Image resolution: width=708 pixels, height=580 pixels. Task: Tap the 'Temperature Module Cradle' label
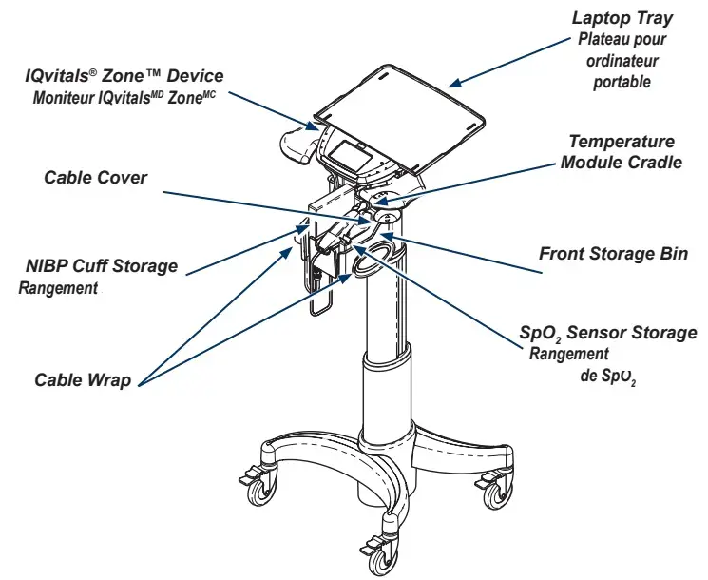tap(621, 151)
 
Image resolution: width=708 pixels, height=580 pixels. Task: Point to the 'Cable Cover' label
tap(95, 178)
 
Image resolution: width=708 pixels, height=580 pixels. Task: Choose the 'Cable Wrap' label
tap(83, 380)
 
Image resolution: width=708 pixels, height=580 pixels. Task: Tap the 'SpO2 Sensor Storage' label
tap(607, 333)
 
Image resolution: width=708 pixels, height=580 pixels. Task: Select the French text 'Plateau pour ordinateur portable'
tap(622, 61)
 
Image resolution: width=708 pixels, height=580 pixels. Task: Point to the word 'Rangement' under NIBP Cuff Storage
tap(59, 288)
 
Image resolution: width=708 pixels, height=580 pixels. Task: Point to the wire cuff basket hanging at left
tap(317, 285)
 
